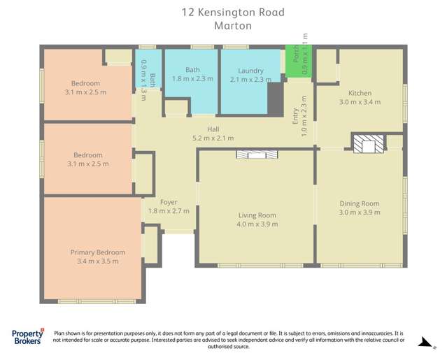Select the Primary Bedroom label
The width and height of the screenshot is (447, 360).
[97, 252]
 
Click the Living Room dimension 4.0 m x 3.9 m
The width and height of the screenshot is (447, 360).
[257, 224]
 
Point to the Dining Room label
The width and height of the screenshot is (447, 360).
[360, 203]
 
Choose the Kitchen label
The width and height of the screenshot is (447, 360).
[360, 93]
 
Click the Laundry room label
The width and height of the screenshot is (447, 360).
[250, 71]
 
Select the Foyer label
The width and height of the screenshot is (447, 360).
[169, 202]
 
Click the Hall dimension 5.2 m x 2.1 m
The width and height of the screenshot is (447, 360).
[213, 138]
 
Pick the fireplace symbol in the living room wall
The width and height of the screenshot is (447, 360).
[256, 154]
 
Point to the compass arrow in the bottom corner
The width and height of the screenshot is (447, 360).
[423, 342]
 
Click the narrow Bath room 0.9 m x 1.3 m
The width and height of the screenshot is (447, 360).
[148, 70]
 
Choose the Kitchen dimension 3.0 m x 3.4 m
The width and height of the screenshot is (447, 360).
[360, 102]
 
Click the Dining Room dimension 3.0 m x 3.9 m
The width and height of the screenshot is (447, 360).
[360, 213]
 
